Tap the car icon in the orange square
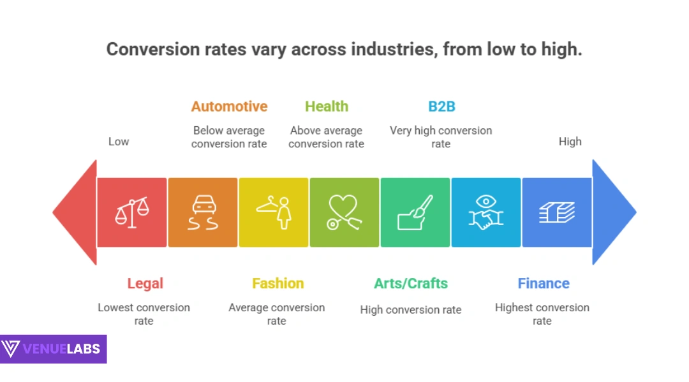(203, 212)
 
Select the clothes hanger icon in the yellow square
(274, 212)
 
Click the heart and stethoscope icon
(344, 212)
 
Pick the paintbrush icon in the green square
(415, 212)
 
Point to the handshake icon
(486, 212)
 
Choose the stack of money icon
(557, 212)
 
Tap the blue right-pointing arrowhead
(614, 212)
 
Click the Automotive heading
(229, 107)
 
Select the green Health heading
(327, 107)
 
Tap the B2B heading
(441, 107)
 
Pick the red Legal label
(145, 284)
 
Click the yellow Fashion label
(278, 284)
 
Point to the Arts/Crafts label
(411, 284)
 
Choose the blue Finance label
(544, 284)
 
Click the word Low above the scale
(119, 142)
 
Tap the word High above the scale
(570, 142)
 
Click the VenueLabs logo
(53, 349)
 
